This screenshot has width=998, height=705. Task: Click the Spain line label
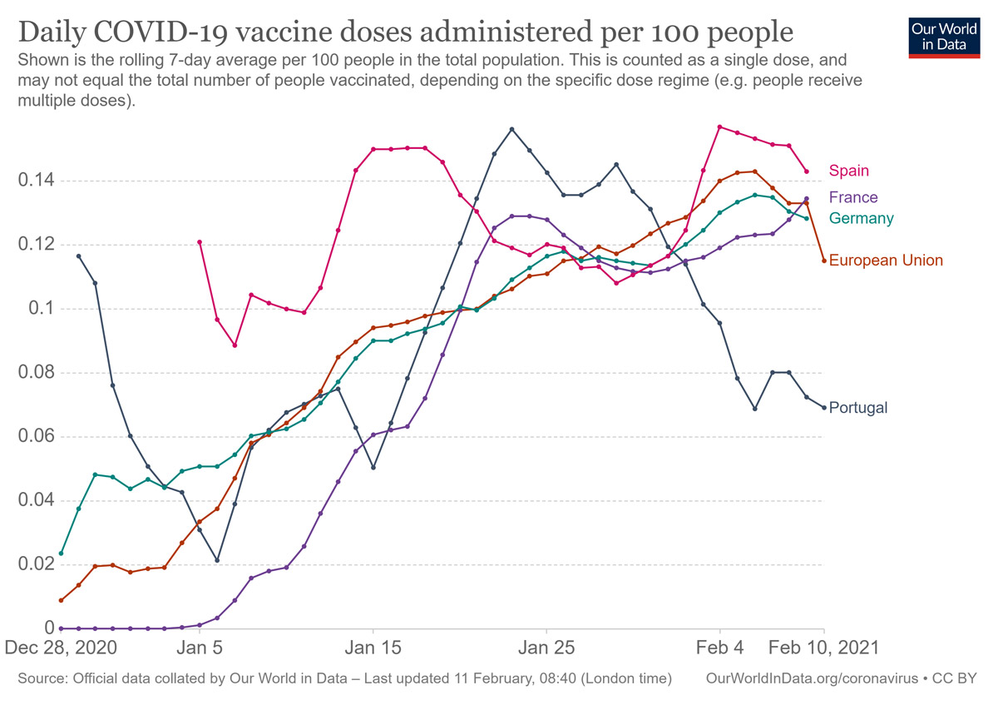point(848,171)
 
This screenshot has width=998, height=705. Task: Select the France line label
point(853,197)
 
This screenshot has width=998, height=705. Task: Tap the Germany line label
point(862,218)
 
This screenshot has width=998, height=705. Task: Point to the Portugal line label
point(858,408)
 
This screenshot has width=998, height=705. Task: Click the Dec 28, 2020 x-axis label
point(61,648)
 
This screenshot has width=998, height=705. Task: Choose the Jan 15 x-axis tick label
point(373,648)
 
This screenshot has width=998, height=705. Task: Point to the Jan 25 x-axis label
point(546,648)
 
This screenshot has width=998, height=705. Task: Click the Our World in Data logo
point(944,36)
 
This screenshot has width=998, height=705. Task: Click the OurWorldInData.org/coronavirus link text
point(811,679)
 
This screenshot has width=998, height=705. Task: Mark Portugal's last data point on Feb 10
point(824,407)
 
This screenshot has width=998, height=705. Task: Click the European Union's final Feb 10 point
point(824,261)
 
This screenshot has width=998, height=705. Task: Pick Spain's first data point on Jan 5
point(200,242)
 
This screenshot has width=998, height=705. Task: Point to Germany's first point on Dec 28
point(61,554)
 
